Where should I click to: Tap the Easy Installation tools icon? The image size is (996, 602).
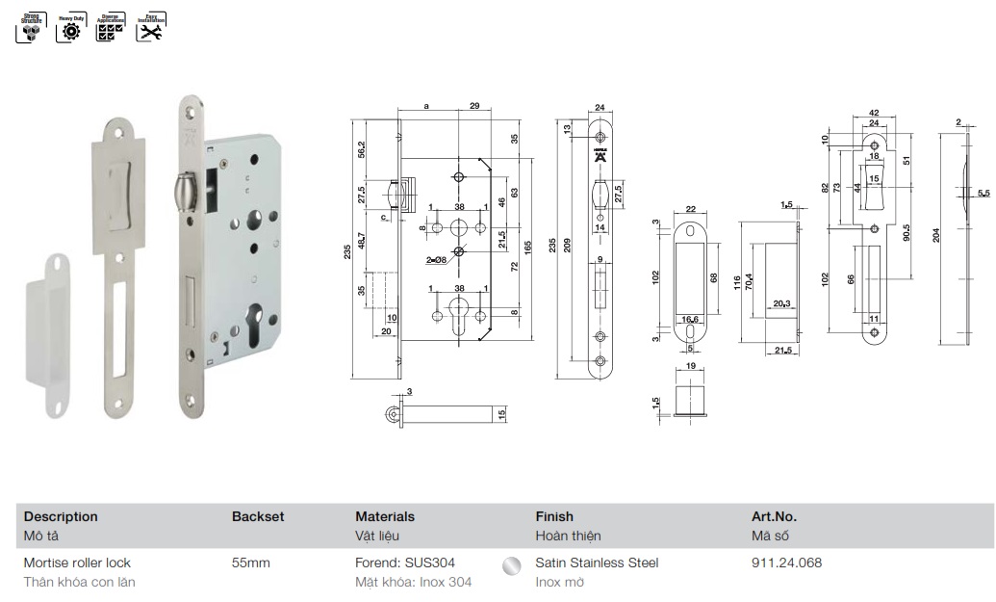[149, 28]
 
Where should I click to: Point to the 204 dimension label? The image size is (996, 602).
[936, 234]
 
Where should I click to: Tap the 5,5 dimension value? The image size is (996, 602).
[983, 194]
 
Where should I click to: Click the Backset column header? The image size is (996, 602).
[258, 516]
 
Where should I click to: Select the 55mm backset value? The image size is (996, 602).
[250, 563]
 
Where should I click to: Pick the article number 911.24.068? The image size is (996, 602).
[786, 563]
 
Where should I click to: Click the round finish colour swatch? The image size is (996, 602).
[513, 564]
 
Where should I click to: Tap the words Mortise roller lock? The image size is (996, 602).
[77, 563]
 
